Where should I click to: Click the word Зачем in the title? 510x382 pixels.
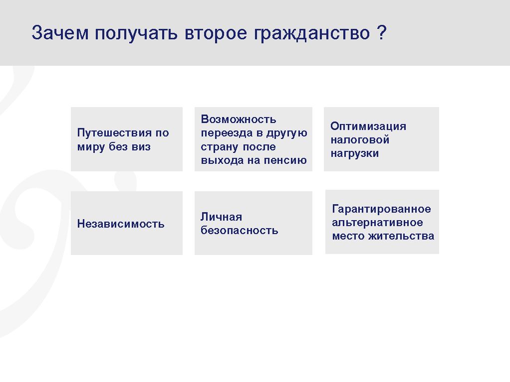point(60,33)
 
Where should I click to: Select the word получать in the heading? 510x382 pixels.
point(136,33)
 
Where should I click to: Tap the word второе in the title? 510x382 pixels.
point(216,33)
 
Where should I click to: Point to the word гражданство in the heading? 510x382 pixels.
point(312,33)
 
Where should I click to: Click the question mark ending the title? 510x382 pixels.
point(382,32)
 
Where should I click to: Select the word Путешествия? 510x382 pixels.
point(114,133)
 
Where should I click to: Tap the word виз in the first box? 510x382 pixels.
point(141,147)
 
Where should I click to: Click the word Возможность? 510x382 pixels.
point(239,119)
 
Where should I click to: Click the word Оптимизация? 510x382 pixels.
point(368,126)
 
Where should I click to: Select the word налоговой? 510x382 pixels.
point(360,139)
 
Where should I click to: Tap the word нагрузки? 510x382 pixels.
point(354,153)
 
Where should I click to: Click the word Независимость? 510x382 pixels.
point(121,224)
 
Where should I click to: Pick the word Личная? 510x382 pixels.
point(221,217)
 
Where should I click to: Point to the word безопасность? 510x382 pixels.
point(240,230)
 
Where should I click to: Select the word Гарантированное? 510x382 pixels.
point(382,209)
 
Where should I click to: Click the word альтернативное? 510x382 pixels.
point(377,223)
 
